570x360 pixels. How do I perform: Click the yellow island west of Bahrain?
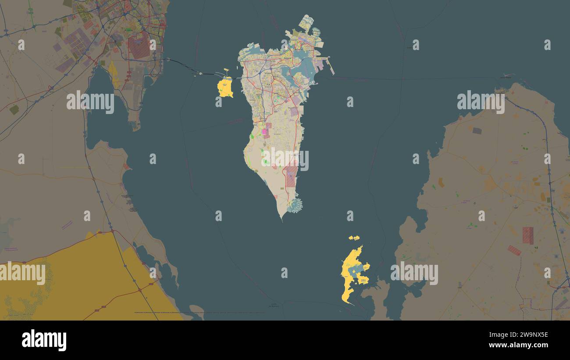coord(225,88)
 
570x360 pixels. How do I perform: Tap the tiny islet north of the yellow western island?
coord(226,69)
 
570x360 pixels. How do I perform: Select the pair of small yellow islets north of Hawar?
coord(354,238)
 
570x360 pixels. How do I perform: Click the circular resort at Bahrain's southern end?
coord(295,205)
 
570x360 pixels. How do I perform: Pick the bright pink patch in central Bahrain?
coord(264,131)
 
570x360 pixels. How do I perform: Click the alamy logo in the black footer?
coord(44,340)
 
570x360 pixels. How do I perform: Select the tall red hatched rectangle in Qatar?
coord(527,235)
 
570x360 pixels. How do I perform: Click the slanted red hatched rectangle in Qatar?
coord(514,250)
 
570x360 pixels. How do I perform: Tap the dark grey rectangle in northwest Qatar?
coord(477,131)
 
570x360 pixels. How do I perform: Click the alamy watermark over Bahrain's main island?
coord(285,160)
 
